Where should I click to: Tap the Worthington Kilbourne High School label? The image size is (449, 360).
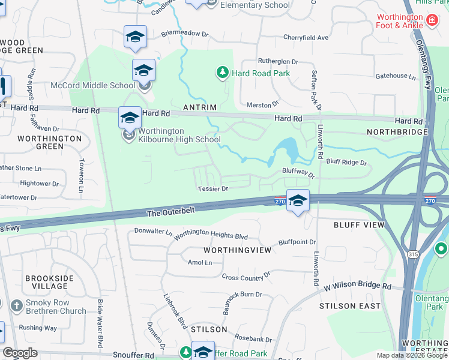click(x=179, y=135)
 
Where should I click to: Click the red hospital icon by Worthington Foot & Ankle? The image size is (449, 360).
click(x=431, y=22)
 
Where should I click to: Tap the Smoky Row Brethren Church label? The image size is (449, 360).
click(x=56, y=307)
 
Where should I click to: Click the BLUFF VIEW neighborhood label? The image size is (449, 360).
click(x=359, y=224)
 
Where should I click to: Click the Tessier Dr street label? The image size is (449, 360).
click(x=213, y=188)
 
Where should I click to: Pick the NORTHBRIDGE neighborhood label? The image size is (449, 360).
click(x=396, y=131)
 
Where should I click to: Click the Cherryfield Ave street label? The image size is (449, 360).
click(x=306, y=37)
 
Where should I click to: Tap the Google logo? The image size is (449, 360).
click(x=20, y=353)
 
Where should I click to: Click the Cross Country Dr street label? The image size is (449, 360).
click(x=246, y=277)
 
